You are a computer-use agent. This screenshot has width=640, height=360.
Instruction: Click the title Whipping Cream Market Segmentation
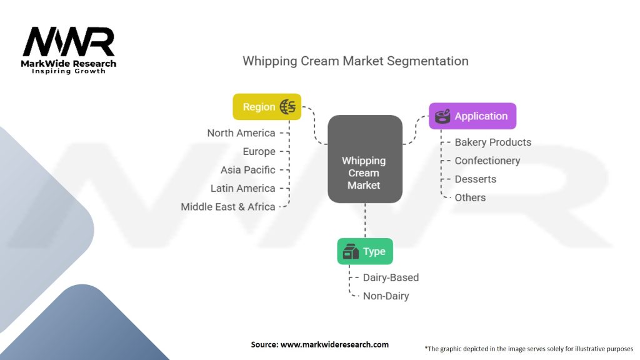coord(355,61)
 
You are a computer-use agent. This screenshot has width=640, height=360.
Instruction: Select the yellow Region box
coord(267,107)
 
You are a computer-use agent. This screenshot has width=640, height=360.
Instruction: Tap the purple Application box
coord(472,116)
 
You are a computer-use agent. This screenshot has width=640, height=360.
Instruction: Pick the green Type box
coord(365,252)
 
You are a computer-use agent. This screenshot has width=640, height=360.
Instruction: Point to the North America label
coord(241,133)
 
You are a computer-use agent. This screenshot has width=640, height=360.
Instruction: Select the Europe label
coord(259,151)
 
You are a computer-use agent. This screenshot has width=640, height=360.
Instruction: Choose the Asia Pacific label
coord(247,170)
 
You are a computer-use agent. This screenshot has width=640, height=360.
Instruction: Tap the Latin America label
coord(242,188)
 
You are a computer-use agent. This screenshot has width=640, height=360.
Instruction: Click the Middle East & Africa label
coord(228,207)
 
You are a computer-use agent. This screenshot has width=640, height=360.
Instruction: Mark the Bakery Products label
coord(492,142)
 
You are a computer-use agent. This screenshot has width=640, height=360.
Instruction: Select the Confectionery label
coord(487,161)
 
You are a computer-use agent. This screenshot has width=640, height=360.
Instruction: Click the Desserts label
coord(475,179)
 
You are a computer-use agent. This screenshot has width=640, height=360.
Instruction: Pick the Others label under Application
coord(470,197)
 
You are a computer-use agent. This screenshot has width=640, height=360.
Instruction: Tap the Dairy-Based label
coord(391,277)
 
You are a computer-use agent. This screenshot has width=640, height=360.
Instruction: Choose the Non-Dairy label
coord(386,296)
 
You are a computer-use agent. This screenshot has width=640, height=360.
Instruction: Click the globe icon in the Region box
coord(288,107)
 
